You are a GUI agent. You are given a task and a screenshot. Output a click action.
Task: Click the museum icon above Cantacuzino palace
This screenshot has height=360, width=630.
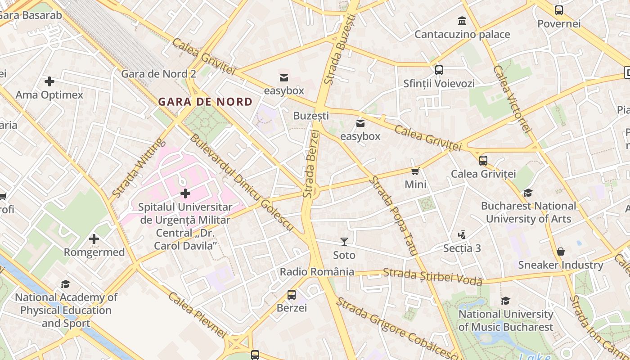click(x=462, y=21)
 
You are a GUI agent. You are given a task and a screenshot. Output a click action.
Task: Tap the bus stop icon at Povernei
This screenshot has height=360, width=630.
click(x=559, y=10)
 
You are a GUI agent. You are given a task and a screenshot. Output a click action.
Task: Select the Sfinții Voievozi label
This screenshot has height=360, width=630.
click(x=439, y=84)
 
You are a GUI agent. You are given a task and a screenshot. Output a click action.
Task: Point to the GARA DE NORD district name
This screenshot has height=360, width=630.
click(x=205, y=102)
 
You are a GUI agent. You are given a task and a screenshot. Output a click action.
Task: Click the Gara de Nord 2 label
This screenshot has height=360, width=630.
click(x=159, y=74)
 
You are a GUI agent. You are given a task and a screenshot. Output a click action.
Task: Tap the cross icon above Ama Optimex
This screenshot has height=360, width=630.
click(x=49, y=81)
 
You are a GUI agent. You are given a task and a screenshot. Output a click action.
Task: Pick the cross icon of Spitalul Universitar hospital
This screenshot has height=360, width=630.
click(x=185, y=194)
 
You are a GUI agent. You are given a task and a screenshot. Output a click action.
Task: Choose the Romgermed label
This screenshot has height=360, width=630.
click(x=94, y=252)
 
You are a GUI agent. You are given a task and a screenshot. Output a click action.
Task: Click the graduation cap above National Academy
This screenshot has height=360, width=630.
click(x=66, y=284)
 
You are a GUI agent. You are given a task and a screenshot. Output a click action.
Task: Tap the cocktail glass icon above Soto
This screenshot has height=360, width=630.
click(x=344, y=242)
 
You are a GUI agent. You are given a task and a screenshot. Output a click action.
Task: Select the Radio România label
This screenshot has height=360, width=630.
click(x=317, y=272)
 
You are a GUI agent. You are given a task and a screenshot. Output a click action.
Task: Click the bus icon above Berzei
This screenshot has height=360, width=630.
click(x=292, y=295)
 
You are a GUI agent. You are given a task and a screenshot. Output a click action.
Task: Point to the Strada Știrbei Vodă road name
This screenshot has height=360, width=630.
click(x=432, y=276)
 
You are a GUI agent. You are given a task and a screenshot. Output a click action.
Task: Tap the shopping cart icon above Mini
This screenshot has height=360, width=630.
click(x=415, y=171)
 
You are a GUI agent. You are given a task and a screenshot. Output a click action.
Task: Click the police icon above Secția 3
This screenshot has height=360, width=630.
click(x=462, y=234)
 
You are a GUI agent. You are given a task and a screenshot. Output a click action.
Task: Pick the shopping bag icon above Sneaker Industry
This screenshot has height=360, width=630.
click(x=561, y=252)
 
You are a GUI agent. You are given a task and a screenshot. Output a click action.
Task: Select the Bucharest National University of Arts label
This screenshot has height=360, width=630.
click(x=528, y=212)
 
